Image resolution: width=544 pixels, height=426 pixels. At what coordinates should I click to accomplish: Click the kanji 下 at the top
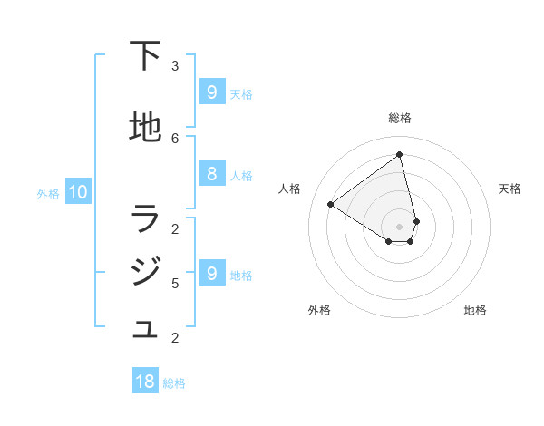[145, 58]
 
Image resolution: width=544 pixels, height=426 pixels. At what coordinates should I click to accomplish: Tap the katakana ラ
[145, 218]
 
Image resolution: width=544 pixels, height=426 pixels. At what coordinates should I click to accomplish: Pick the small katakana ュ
[145, 330]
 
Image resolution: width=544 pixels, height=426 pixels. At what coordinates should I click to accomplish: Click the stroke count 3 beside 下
[175, 65]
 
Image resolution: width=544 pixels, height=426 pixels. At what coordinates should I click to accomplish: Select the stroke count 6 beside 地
[175, 138]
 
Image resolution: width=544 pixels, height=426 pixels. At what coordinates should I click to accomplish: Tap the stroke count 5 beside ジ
[175, 283]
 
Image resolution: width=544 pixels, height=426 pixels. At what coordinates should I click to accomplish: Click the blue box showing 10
[77, 192]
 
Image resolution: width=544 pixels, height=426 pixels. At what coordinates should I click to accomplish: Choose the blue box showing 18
[145, 382]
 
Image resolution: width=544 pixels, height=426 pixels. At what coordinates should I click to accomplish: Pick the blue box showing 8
[211, 174]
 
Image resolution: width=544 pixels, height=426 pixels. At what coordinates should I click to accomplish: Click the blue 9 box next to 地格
[211, 273]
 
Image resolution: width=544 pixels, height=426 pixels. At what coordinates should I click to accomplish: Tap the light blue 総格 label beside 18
[174, 383]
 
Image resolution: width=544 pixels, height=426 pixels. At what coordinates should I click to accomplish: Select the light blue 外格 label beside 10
[48, 194]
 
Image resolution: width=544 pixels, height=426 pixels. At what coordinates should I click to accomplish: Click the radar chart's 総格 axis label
[400, 118]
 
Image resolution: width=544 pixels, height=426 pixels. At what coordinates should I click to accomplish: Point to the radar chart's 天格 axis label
[510, 189]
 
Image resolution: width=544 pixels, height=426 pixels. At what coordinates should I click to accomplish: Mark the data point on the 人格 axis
[330, 204]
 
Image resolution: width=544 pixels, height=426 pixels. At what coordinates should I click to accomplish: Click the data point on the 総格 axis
[400, 155]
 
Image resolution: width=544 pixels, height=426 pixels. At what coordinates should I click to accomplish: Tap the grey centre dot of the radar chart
[400, 227]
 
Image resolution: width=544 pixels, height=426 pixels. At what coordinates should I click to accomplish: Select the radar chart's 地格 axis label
[475, 310]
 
